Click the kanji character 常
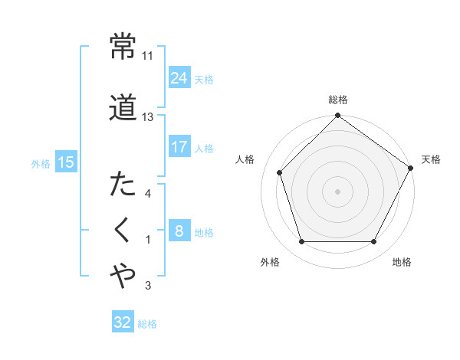123,47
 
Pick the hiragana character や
123,277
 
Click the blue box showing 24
179,78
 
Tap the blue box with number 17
179,146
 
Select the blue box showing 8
179,231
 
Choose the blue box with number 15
65,162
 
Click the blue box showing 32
123,322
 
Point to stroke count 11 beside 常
148,56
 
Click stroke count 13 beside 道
148,117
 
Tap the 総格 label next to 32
148,324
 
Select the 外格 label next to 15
41,163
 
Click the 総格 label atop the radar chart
338,100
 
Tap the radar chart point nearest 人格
280,172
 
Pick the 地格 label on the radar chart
402,263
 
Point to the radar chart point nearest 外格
302,242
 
